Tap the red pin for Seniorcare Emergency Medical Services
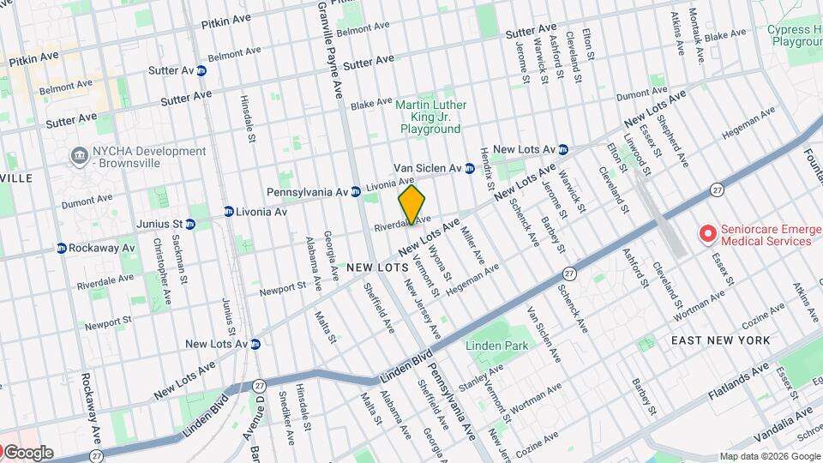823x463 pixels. (707, 233)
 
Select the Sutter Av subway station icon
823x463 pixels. (201, 70)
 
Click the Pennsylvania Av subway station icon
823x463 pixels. (355, 191)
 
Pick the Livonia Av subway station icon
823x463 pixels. (229, 211)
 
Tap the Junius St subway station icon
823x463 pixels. (190, 224)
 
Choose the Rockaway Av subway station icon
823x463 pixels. (62, 248)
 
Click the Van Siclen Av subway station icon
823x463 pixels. (470, 167)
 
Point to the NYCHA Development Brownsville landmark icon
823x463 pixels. (79, 155)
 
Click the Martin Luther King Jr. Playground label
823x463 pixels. (430, 117)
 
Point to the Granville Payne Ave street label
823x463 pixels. (329, 47)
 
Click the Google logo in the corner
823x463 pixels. (27, 453)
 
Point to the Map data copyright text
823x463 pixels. (768, 456)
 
